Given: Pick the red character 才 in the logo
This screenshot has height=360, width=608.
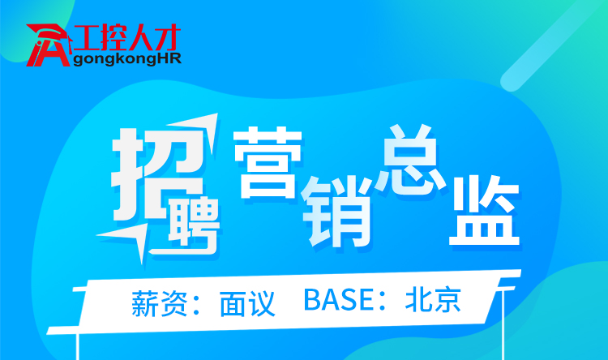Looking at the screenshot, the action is click(x=168, y=37).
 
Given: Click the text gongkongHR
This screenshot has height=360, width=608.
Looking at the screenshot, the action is click(x=126, y=59).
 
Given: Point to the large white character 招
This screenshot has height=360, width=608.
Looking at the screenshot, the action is click(x=158, y=174).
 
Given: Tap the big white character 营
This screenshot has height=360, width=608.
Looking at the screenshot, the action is click(x=268, y=163).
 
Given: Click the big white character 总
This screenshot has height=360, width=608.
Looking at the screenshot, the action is click(x=410, y=160).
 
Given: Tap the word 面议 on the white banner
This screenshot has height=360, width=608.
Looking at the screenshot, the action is click(x=247, y=303).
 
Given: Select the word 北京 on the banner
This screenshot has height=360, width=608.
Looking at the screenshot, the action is click(x=433, y=300).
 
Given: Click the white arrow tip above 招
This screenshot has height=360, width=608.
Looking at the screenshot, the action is click(x=216, y=114).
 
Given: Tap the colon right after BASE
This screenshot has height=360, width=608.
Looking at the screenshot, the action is click(x=383, y=302).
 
